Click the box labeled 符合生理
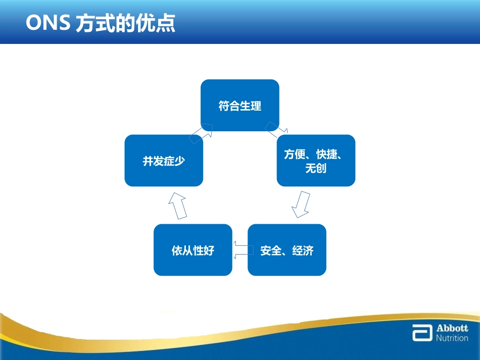[240, 106]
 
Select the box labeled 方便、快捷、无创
[316, 161]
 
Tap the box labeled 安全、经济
[286, 250]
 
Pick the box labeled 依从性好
[193, 250]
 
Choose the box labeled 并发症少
[164, 161]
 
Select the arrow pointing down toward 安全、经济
[302, 204]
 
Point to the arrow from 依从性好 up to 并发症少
[177, 205]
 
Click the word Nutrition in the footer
[452, 338]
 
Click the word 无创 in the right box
[316, 168]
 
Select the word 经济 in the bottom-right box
[303, 250]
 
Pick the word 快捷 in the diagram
[326, 154]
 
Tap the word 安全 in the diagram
[270, 250]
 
